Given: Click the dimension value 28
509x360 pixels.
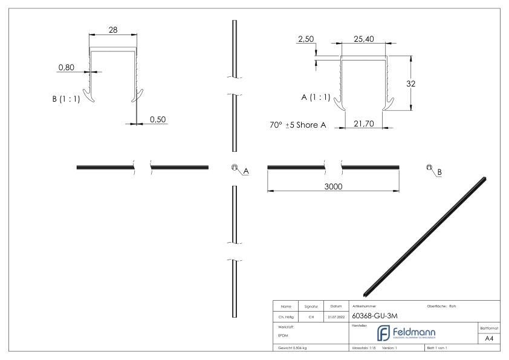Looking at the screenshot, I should (113, 28).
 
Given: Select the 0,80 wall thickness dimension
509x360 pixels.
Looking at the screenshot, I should (66, 67).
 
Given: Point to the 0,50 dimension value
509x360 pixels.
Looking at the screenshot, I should (158, 119).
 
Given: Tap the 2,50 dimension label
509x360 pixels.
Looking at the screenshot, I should (306, 39).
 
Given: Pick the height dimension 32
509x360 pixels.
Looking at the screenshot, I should (411, 84).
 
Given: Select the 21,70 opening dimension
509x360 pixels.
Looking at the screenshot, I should (363, 123).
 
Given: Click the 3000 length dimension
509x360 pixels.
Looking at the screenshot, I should (332, 186).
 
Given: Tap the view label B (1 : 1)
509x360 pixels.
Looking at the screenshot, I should (70, 99).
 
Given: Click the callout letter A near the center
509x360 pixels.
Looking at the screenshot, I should (245, 172).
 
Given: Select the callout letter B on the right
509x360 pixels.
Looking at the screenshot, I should (439, 172).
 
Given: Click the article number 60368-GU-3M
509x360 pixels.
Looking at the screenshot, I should (374, 315).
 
